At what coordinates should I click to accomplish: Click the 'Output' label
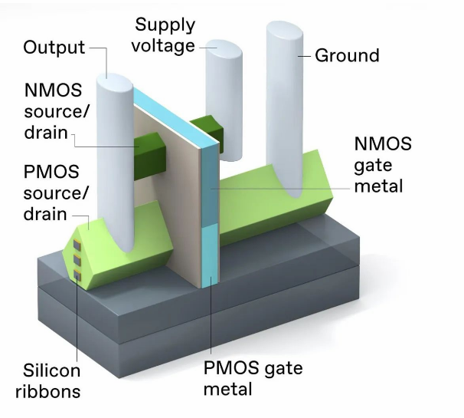(x=54, y=48)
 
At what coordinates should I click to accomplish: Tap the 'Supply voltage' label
(x=163, y=35)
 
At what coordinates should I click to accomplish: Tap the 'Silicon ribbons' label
(x=47, y=381)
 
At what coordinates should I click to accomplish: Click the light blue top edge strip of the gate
(x=176, y=115)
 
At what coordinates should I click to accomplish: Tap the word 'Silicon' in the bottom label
(x=47, y=371)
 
